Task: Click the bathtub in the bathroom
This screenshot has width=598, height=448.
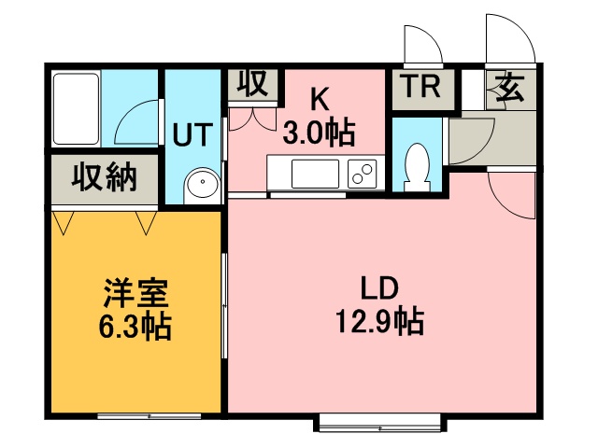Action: coord(77,109)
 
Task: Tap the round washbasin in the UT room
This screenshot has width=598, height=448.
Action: coord(203,186)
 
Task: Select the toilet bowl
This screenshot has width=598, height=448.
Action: coord(417,167)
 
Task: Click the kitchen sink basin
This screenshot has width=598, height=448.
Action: coord(315,174)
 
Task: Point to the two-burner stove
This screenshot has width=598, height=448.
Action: coord(362,174)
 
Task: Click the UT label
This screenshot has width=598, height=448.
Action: coord(192,134)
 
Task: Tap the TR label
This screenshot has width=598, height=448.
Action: coord(422,87)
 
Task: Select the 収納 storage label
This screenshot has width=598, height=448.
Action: coord(105,177)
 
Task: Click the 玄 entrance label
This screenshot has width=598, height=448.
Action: coord(510,88)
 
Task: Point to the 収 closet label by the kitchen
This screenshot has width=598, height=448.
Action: coord(252,83)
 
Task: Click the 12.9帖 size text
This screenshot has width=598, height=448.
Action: coord(380,322)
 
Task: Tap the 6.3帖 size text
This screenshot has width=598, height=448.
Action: coord(135,326)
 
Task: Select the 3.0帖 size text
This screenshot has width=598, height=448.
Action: coord(320,133)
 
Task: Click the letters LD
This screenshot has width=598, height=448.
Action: coord(380,288)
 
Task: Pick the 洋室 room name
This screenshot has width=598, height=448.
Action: coord(135,292)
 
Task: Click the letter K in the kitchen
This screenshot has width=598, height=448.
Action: coord(320,99)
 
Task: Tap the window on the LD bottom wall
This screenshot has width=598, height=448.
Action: coord(380,423)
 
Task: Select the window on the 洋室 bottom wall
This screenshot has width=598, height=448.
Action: coord(149,415)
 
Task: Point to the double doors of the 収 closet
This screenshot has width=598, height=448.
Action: coord(252,119)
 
